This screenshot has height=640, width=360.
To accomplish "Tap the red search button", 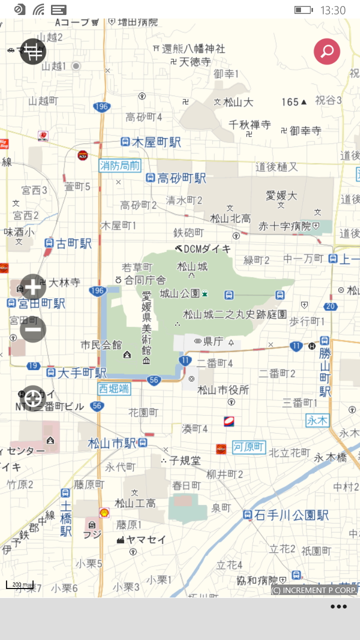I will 327,51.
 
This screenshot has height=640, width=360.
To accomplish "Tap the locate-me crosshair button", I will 33,398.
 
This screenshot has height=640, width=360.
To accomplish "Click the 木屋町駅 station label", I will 151,142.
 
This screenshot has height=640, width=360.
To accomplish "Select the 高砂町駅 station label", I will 176,178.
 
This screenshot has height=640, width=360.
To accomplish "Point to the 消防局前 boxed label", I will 120,165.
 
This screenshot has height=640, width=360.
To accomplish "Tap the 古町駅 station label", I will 68,243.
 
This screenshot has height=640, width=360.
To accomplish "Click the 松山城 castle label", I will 192,266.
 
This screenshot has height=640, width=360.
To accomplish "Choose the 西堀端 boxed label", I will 114,388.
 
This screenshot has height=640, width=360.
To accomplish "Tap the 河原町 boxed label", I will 249,447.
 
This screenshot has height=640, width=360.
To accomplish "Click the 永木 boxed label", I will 317,420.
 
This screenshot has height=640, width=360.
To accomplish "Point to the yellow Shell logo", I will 104,512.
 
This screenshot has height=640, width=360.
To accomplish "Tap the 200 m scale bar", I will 20,584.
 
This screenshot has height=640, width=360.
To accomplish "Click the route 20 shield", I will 330,306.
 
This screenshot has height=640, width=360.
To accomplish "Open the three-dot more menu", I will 338,607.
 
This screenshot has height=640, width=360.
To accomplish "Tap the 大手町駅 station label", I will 76,373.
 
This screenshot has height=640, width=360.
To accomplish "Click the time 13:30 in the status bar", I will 333,10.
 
